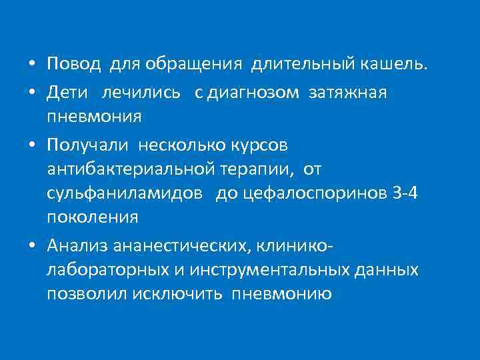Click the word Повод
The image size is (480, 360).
point(74,64)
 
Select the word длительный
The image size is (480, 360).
point(302,64)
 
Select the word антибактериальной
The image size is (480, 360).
point(129,169)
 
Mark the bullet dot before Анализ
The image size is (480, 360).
point(32,247)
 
